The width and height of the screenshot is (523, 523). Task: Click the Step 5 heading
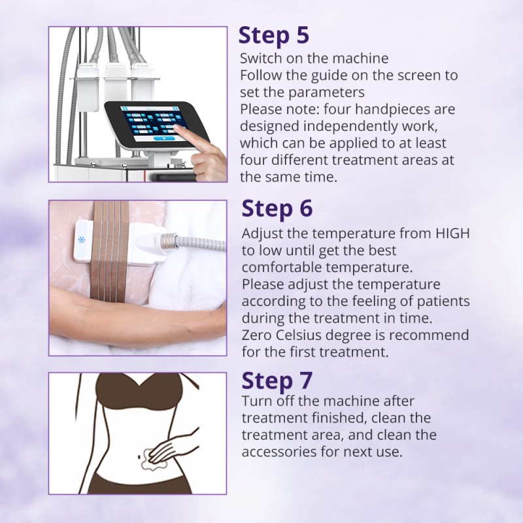[274, 35]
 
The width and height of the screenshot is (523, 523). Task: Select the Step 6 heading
[277, 209]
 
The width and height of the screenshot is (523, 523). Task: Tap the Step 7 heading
[277, 380]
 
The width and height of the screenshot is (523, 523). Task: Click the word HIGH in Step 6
[453, 233]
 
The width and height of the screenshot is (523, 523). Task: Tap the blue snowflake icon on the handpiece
[81, 239]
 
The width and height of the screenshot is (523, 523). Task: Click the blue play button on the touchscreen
[164, 138]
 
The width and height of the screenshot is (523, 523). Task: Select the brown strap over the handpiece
[110, 250]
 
